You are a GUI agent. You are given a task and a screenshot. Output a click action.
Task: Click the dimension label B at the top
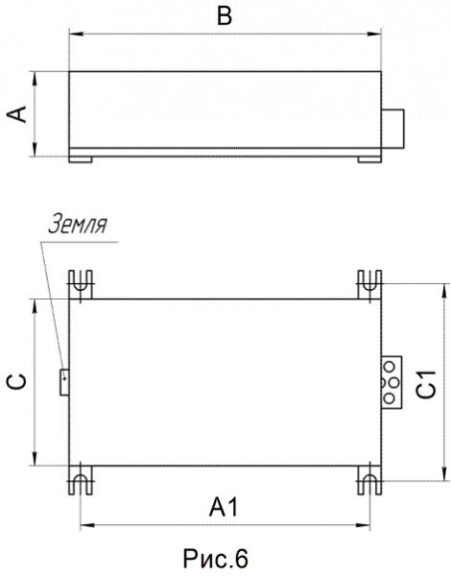[x=224, y=16]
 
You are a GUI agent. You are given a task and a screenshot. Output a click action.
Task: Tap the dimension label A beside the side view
[x=17, y=114]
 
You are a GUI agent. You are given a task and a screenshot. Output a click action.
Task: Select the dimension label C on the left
[x=17, y=382]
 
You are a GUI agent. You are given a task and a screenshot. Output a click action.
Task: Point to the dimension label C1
[x=426, y=384]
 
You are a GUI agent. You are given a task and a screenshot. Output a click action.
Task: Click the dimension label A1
[x=224, y=507]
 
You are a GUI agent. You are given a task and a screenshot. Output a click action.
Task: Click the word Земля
[x=78, y=224]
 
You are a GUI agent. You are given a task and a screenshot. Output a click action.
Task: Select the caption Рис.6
[x=215, y=559]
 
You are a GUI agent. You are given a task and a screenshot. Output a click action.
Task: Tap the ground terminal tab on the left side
[x=64, y=382]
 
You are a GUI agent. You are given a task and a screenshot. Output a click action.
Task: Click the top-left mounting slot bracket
[x=81, y=284]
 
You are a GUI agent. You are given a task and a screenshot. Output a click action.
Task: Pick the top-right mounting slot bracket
[x=369, y=284]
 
